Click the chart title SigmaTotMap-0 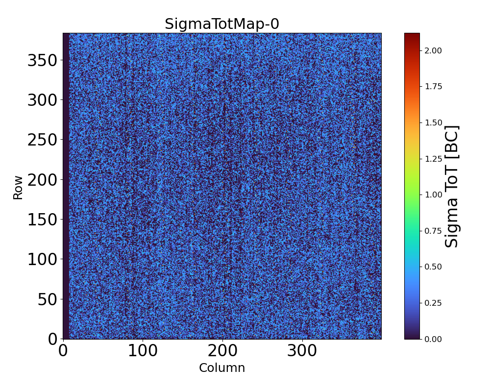[221, 24]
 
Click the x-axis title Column [221, 368]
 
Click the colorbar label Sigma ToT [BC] [452, 186]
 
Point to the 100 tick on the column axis [143, 339]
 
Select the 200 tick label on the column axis [222, 351]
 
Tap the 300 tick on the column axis [302, 339]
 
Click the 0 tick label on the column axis [63, 351]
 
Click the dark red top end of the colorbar [412, 35]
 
